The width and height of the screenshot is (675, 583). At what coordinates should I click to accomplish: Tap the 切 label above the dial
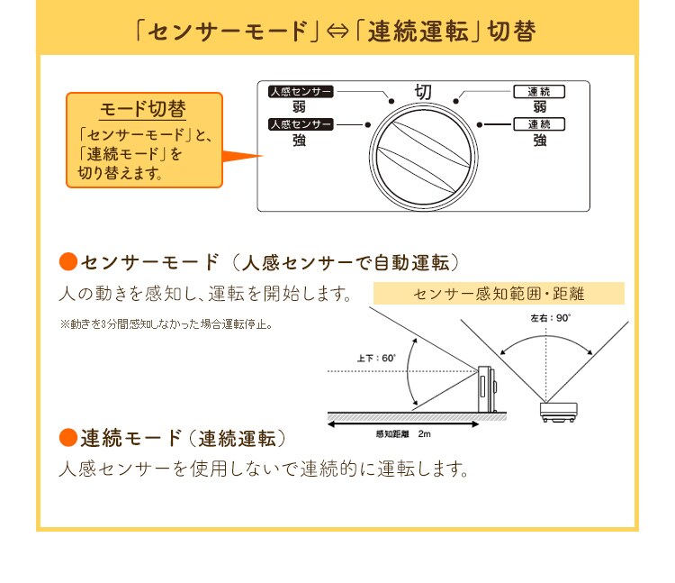coord(423,92)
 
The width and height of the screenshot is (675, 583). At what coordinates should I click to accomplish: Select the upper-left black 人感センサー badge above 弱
coord(301,91)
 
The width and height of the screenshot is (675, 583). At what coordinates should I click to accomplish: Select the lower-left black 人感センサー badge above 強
coord(301,123)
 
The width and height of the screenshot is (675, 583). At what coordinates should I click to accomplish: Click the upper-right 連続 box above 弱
coord(539,91)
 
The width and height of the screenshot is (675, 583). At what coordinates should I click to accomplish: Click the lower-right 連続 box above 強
coord(539,123)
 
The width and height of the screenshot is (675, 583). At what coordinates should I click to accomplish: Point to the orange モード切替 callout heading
coord(143,109)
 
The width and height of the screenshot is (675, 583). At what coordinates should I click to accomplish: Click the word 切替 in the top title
coord(510,32)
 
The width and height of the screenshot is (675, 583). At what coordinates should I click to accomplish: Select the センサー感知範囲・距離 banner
coord(499,294)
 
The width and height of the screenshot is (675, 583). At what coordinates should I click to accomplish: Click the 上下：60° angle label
coord(375,358)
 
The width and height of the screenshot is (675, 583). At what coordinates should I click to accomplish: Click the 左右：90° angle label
coord(551,318)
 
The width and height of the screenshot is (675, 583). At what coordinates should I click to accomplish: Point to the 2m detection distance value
coord(424,433)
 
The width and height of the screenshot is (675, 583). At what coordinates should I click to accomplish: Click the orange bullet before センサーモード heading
coord(68,262)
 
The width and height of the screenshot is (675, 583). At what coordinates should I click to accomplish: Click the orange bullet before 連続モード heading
coord(68,438)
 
